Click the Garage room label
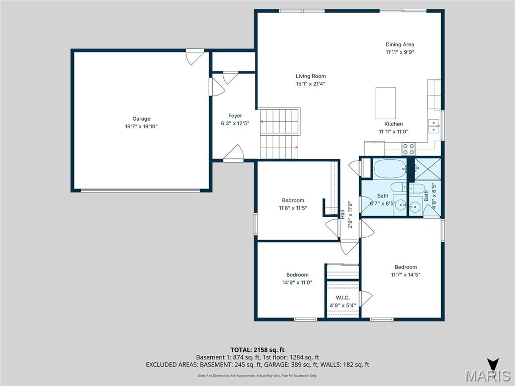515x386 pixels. pyautogui.click(x=141, y=119)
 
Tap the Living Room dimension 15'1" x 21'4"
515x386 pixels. pyautogui.click(x=311, y=84)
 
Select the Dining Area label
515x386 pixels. pyautogui.click(x=400, y=44)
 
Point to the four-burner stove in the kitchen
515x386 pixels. pyautogui.click(x=408, y=149)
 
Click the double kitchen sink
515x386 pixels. pyautogui.click(x=434, y=126)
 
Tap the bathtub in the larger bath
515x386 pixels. pyautogui.click(x=389, y=169)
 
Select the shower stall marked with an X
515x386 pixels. pyautogui.click(x=427, y=169)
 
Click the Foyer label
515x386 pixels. pyautogui.click(x=235, y=116)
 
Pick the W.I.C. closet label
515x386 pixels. pyautogui.click(x=339, y=298)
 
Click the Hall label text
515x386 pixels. pyautogui.click(x=342, y=214)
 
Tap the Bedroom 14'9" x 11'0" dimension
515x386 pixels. pyautogui.click(x=297, y=282)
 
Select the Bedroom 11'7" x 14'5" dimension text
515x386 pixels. pyautogui.click(x=405, y=275)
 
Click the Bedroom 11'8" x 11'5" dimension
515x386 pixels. pyautogui.click(x=293, y=208)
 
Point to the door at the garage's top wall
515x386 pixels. pyautogui.click(x=194, y=56)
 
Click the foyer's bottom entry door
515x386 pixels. pyautogui.click(x=233, y=153)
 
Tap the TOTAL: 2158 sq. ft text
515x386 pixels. pyautogui.click(x=257, y=350)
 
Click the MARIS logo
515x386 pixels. pyautogui.click(x=487, y=375)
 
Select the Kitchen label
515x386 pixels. pyautogui.click(x=393, y=124)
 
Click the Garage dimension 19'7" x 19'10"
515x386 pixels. pyautogui.click(x=141, y=127)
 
